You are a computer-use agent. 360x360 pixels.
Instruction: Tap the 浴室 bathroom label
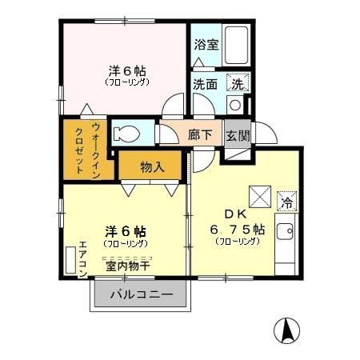[206, 45]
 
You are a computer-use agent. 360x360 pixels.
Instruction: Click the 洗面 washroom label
[205, 83]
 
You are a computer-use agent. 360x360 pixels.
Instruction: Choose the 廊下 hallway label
[200, 134]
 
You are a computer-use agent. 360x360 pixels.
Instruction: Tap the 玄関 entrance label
[237, 134]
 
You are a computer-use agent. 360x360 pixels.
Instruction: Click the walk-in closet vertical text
[88, 149]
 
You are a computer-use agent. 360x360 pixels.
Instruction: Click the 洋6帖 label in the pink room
[126, 70]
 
